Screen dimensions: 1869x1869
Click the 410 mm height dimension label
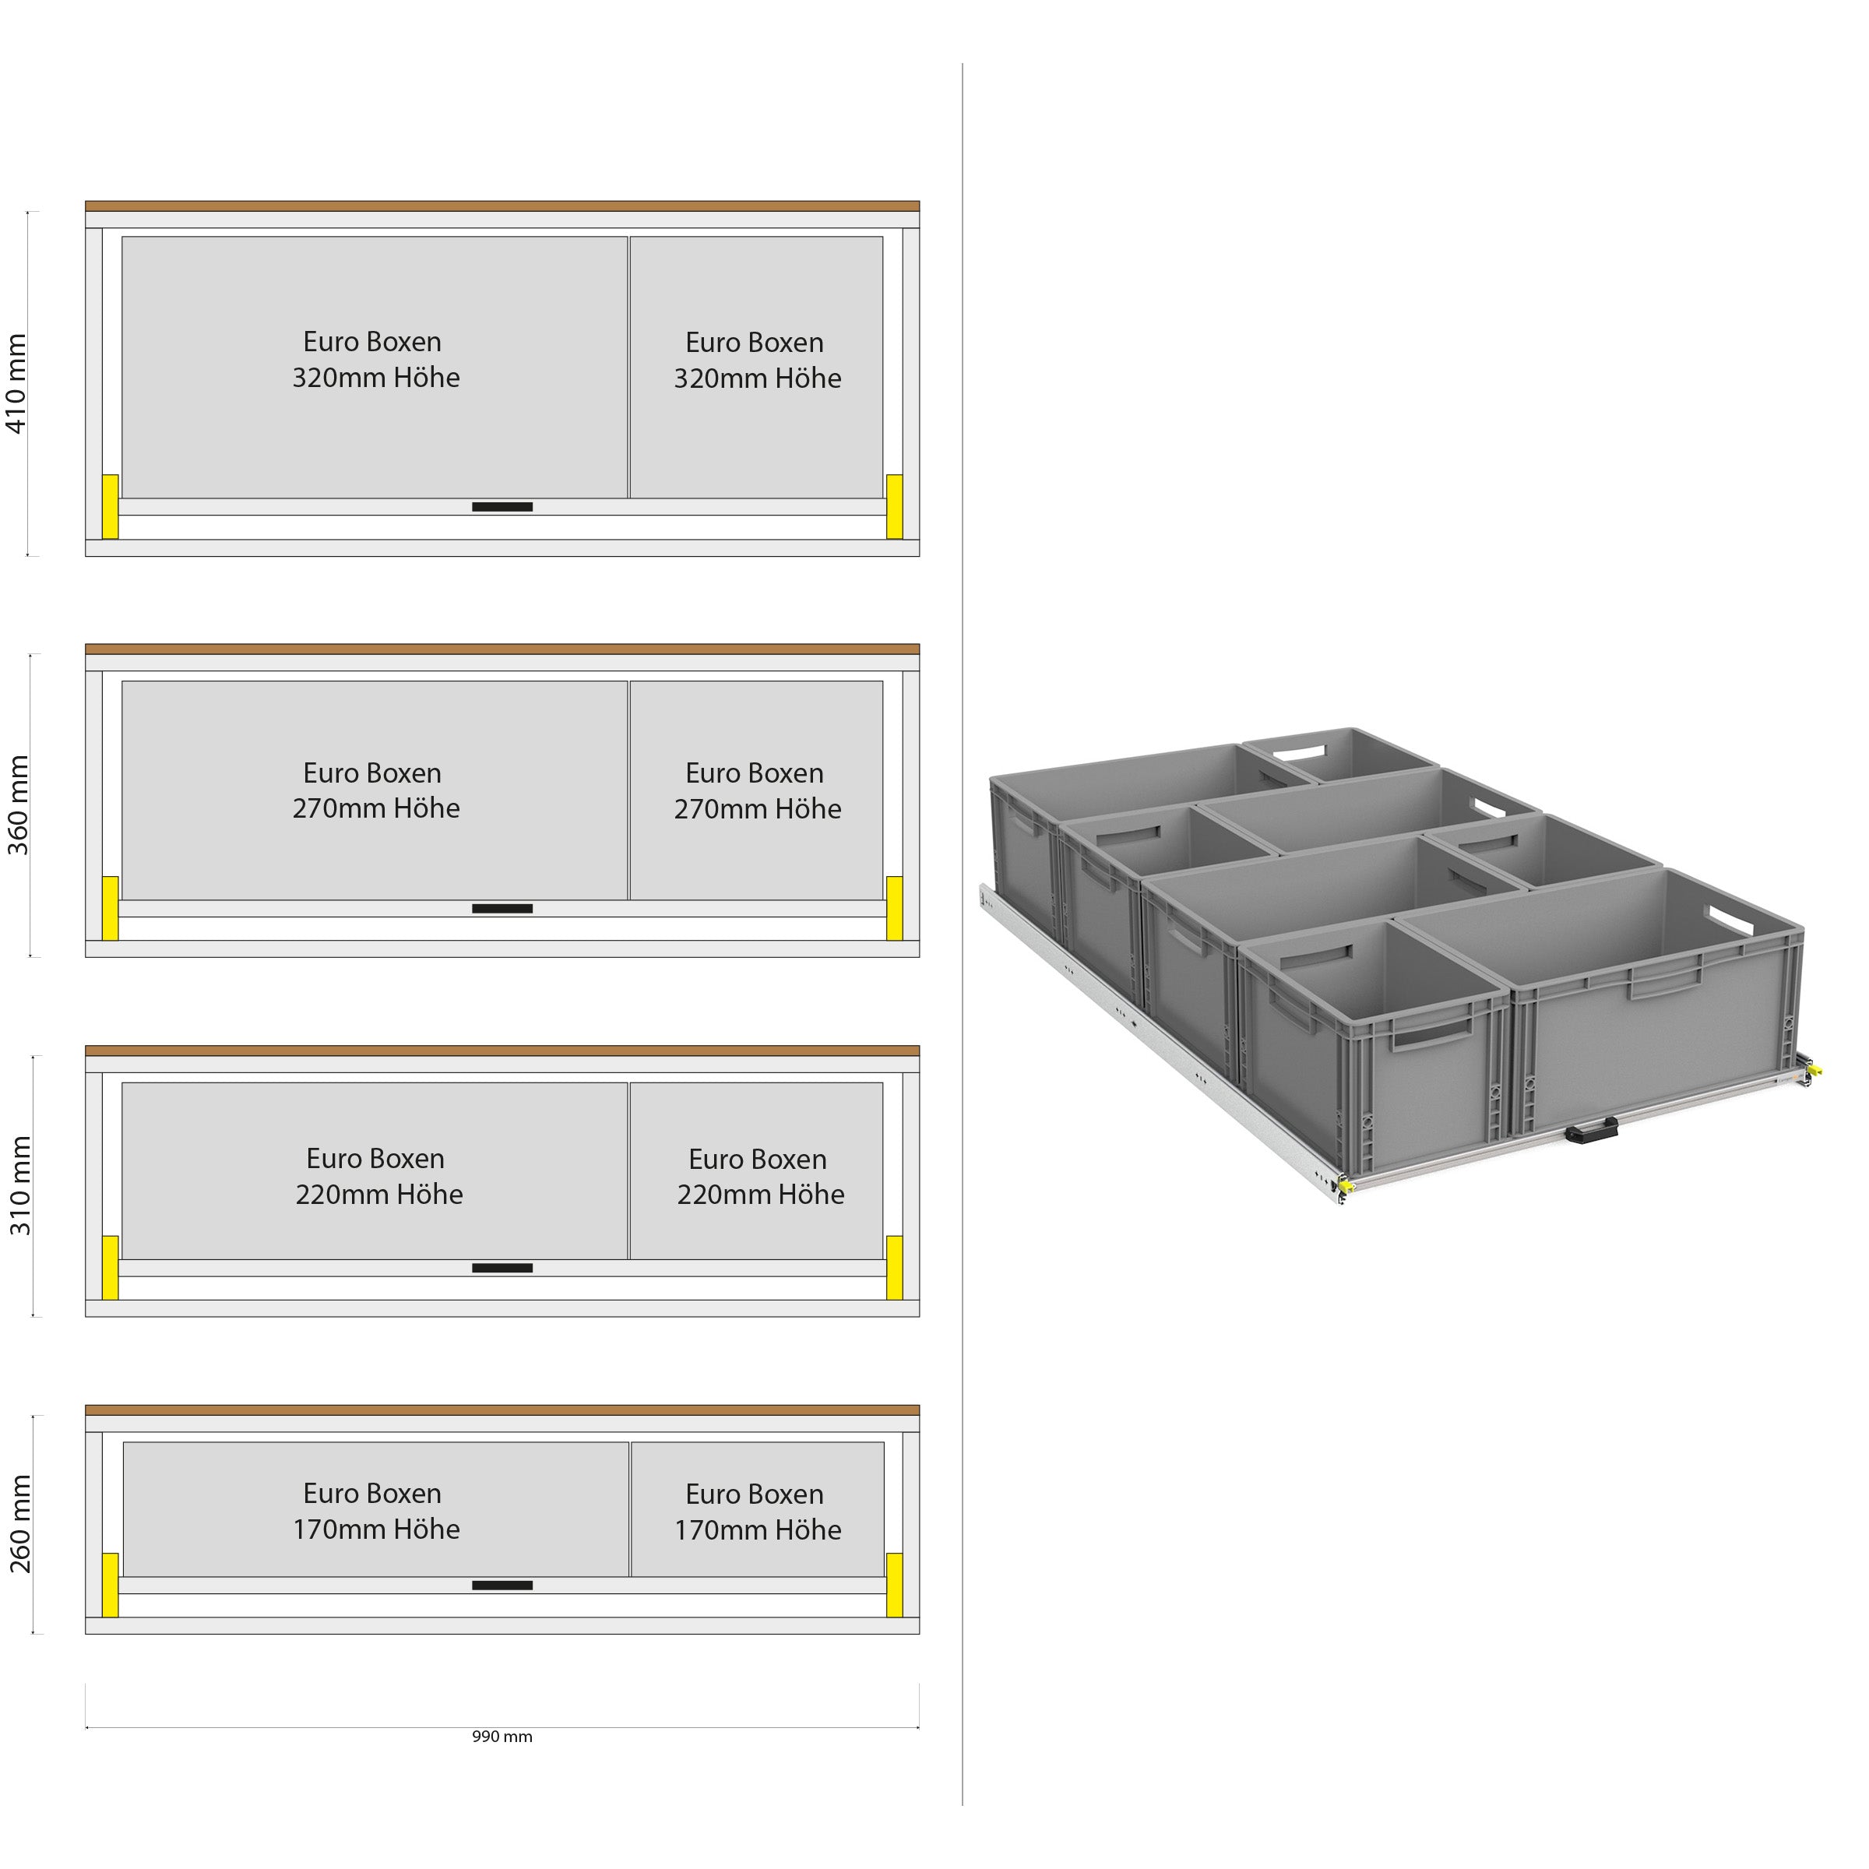click(x=16, y=384)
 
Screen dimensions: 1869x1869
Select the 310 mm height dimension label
click(x=20, y=1186)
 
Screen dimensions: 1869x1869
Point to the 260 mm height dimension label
click(x=20, y=1525)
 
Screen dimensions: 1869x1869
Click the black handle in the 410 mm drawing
click(x=502, y=507)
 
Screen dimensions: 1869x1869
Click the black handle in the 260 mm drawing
click(x=502, y=1586)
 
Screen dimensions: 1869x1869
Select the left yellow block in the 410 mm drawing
click(x=111, y=506)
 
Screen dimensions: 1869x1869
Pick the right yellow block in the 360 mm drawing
click(x=895, y=908)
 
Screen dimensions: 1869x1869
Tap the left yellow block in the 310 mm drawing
click(x=111, y=1267)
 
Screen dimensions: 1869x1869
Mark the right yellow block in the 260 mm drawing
click(x=895, y=1585)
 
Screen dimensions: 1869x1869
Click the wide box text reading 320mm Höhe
click(x=375, y=377)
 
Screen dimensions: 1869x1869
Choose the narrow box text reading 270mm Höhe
click(x=758, y=809)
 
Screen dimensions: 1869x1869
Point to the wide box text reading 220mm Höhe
click(x=379, y=1195)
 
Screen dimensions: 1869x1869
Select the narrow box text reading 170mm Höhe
click(x=758, y=1530)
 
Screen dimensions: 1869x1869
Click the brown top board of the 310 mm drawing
click(x=502, y=1051)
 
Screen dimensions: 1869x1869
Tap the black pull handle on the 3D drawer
click(x=1591, y=1128)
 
